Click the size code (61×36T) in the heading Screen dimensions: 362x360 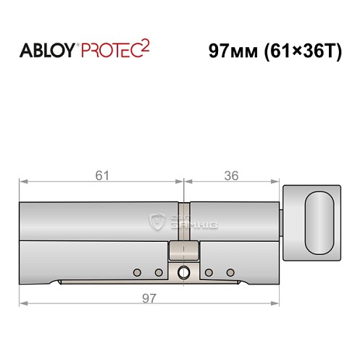299,52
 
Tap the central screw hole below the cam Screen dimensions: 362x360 183,273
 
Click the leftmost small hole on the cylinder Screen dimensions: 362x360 135,273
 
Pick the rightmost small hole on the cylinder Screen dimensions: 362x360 230,273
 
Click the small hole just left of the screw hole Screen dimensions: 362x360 159,273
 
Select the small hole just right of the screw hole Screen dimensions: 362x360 207,273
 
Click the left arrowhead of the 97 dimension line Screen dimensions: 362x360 22,303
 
